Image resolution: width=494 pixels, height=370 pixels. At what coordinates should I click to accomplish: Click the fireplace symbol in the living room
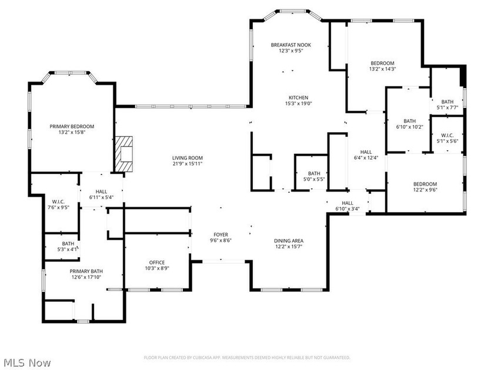(124, 154)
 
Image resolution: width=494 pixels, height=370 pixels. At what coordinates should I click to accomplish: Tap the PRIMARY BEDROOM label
(72, 126)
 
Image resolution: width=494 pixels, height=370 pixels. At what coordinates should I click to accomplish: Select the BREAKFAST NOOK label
(291, 45)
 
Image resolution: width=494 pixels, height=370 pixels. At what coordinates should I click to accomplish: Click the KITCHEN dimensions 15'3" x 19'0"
(298, 104)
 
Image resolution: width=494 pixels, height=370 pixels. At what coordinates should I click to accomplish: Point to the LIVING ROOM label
(188, 157)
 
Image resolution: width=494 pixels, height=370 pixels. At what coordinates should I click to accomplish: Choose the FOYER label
(221, 234)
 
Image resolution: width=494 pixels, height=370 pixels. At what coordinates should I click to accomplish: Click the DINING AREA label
(289, 240)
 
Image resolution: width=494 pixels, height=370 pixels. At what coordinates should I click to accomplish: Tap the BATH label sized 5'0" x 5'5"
(314, 173)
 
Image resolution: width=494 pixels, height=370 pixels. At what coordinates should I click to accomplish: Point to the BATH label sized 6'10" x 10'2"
(409, 120)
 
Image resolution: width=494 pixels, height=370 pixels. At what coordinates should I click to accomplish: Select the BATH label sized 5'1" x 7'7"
(448, 101)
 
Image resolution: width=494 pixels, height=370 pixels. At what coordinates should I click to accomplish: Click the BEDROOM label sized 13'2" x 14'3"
(382, 63)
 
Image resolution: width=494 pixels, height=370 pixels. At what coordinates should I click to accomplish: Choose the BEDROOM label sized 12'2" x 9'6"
(425, 183)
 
